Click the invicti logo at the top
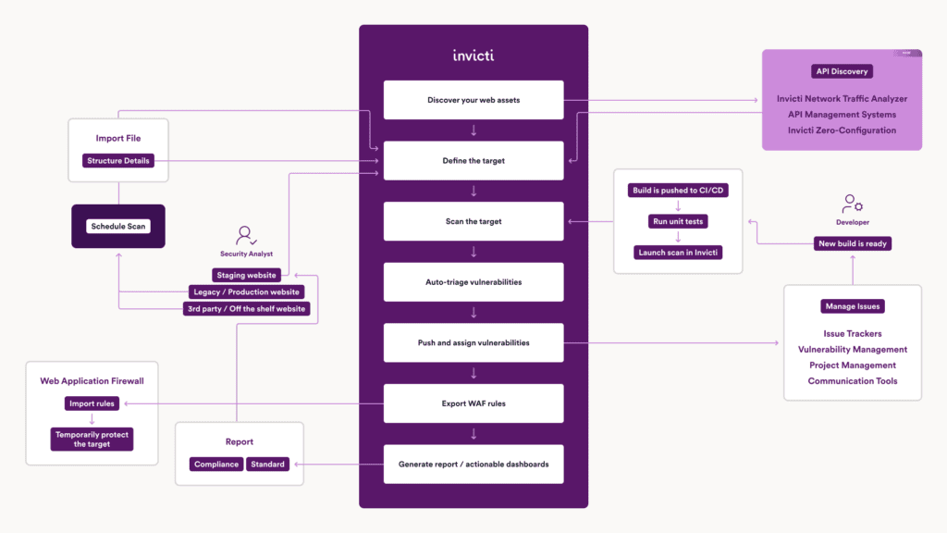[x=473, y=55]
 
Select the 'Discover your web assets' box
[x=473, y=100]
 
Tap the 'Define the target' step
[x=473, y=161]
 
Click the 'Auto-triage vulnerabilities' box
[x=473, y=282]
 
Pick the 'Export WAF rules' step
[x=473, y=403]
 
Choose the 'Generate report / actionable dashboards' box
[x=473, y=464]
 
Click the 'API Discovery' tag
[x=842, y=71]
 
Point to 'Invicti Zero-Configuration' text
[x=842, y=130]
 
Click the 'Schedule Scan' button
[x=118, y=227]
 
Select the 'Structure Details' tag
[x=118, y=161]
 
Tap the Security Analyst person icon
[x=246, y=235]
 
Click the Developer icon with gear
[x=852, y=204]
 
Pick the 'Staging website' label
[x=247, y=275]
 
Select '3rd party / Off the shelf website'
[x=247, y=309]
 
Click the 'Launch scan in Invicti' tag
[x=678, y=253]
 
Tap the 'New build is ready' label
[x=852, y=243]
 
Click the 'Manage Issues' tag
[x=852, y=306]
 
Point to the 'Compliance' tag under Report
[x=216, y=465]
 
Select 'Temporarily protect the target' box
[x=92, y=439]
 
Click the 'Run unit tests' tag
[x=678, y=221]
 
